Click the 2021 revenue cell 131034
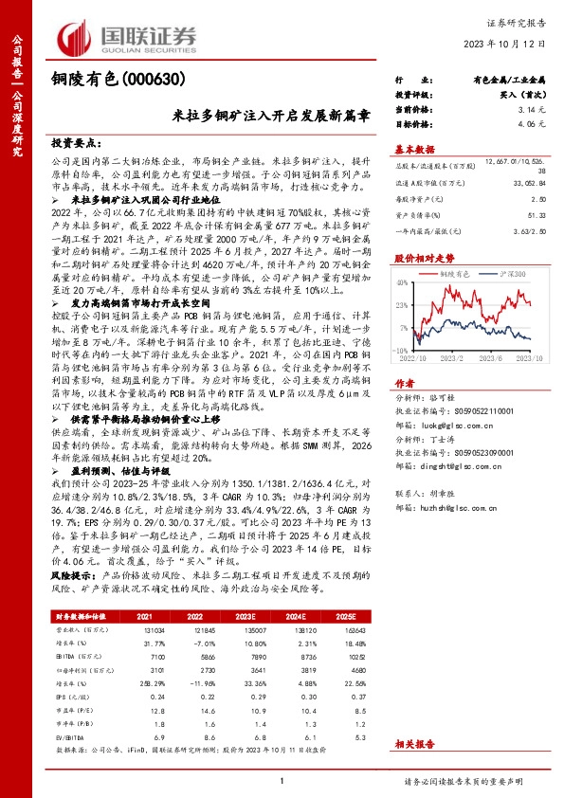click(x=155, y=628)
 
